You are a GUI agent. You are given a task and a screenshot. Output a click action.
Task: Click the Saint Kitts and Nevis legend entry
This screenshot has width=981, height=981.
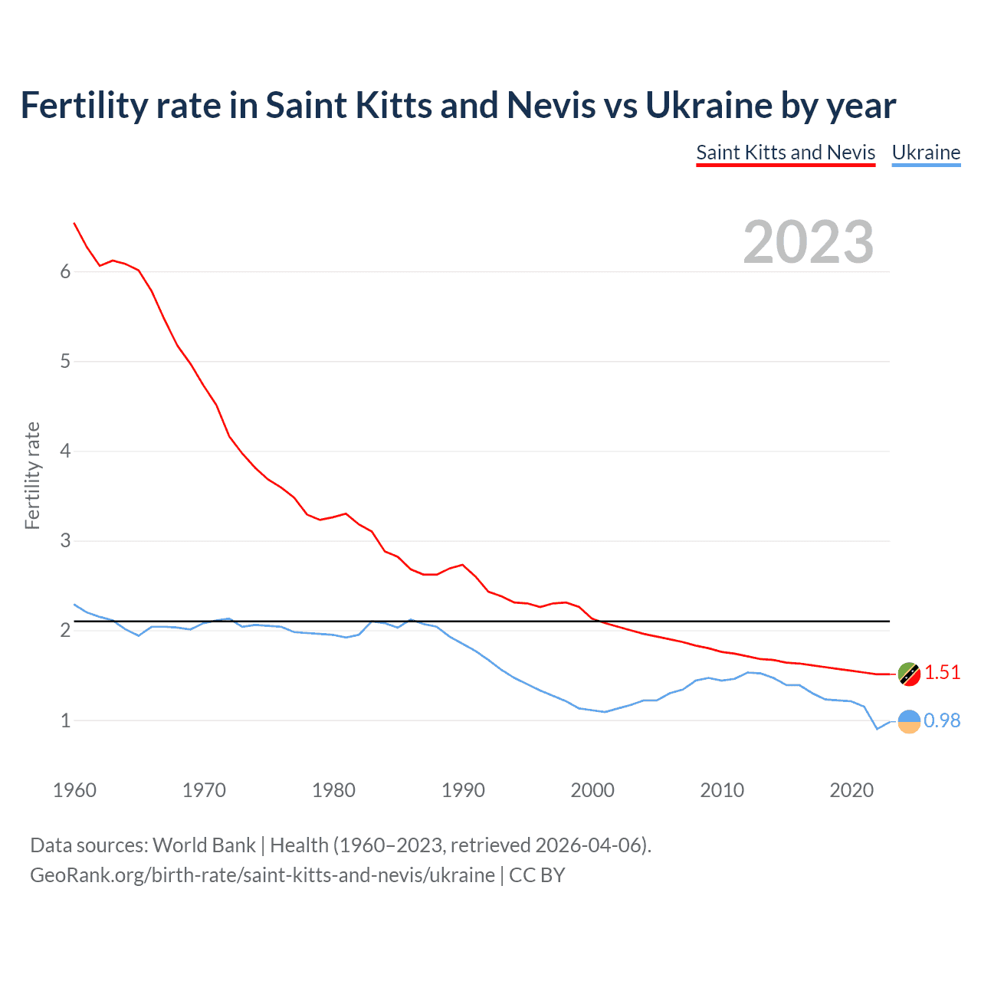pos(786,153)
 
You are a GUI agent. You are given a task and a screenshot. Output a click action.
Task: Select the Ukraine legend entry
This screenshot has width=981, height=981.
pos(926,153)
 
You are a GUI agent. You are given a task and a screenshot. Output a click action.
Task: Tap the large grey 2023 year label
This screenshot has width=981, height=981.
pos(809,242)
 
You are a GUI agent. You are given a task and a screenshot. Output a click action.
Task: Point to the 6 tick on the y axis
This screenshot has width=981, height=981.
pos(65,271)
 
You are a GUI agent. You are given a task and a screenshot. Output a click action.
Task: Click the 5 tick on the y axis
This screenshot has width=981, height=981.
pos(65,361)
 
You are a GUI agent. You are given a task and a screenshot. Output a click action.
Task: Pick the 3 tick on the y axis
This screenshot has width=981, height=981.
pos(65,541)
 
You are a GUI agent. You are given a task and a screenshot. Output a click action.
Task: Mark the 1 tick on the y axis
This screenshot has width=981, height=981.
pos(65,720)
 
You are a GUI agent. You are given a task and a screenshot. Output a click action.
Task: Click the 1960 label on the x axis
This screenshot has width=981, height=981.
pos(74,790)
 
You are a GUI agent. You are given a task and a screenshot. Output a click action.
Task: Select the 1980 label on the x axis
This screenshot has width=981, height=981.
pos(333,790)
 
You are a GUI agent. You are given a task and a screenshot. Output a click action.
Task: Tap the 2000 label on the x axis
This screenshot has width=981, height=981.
pos(592,790)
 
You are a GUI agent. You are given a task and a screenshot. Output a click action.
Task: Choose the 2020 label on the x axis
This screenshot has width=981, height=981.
pos(851,790)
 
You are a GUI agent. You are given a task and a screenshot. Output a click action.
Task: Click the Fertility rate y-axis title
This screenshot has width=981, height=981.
pos(32,475)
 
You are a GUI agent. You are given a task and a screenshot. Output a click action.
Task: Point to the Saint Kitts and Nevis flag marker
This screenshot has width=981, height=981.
pos(909,674)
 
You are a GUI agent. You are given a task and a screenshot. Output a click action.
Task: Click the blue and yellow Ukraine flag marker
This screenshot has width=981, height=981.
pos(909,721)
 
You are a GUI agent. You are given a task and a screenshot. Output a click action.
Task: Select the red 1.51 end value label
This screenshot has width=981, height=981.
pos(942,673)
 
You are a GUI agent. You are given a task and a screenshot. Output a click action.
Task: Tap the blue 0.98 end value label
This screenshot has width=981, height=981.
pos(942,721)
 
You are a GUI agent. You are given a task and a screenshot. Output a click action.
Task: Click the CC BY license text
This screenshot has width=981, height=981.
pos(536,875)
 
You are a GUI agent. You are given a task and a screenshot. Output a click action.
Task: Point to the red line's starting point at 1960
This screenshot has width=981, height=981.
pos(74,223)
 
